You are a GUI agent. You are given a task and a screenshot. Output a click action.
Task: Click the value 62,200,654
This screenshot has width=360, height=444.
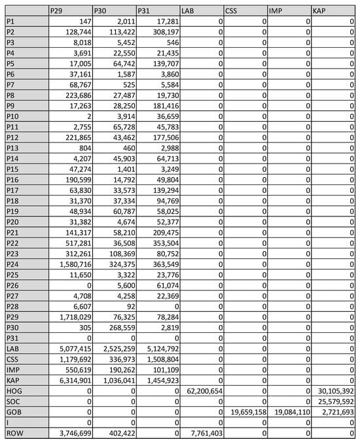pyautogui.click(x=201, y=390)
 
